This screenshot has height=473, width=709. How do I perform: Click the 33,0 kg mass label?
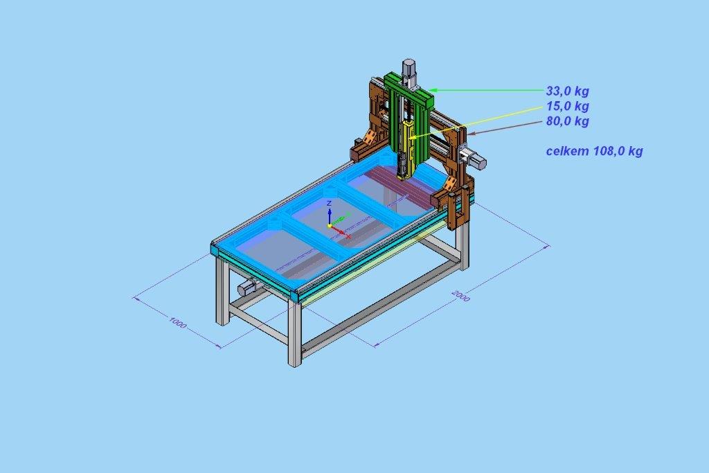click(x=567, y=91)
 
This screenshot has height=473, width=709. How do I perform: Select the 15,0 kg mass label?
click(x=567, y=106)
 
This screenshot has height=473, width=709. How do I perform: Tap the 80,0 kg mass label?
click(x=567, y=121)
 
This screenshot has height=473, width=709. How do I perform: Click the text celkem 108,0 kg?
click(x=594, y=150)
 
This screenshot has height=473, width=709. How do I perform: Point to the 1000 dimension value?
click(x=178, y=323)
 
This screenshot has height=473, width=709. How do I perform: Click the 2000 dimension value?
click(x=460, y=296)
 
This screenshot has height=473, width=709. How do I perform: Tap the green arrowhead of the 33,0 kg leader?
click(x=433, y=90)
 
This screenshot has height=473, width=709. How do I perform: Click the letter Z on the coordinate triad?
click(x=329, y=204)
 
